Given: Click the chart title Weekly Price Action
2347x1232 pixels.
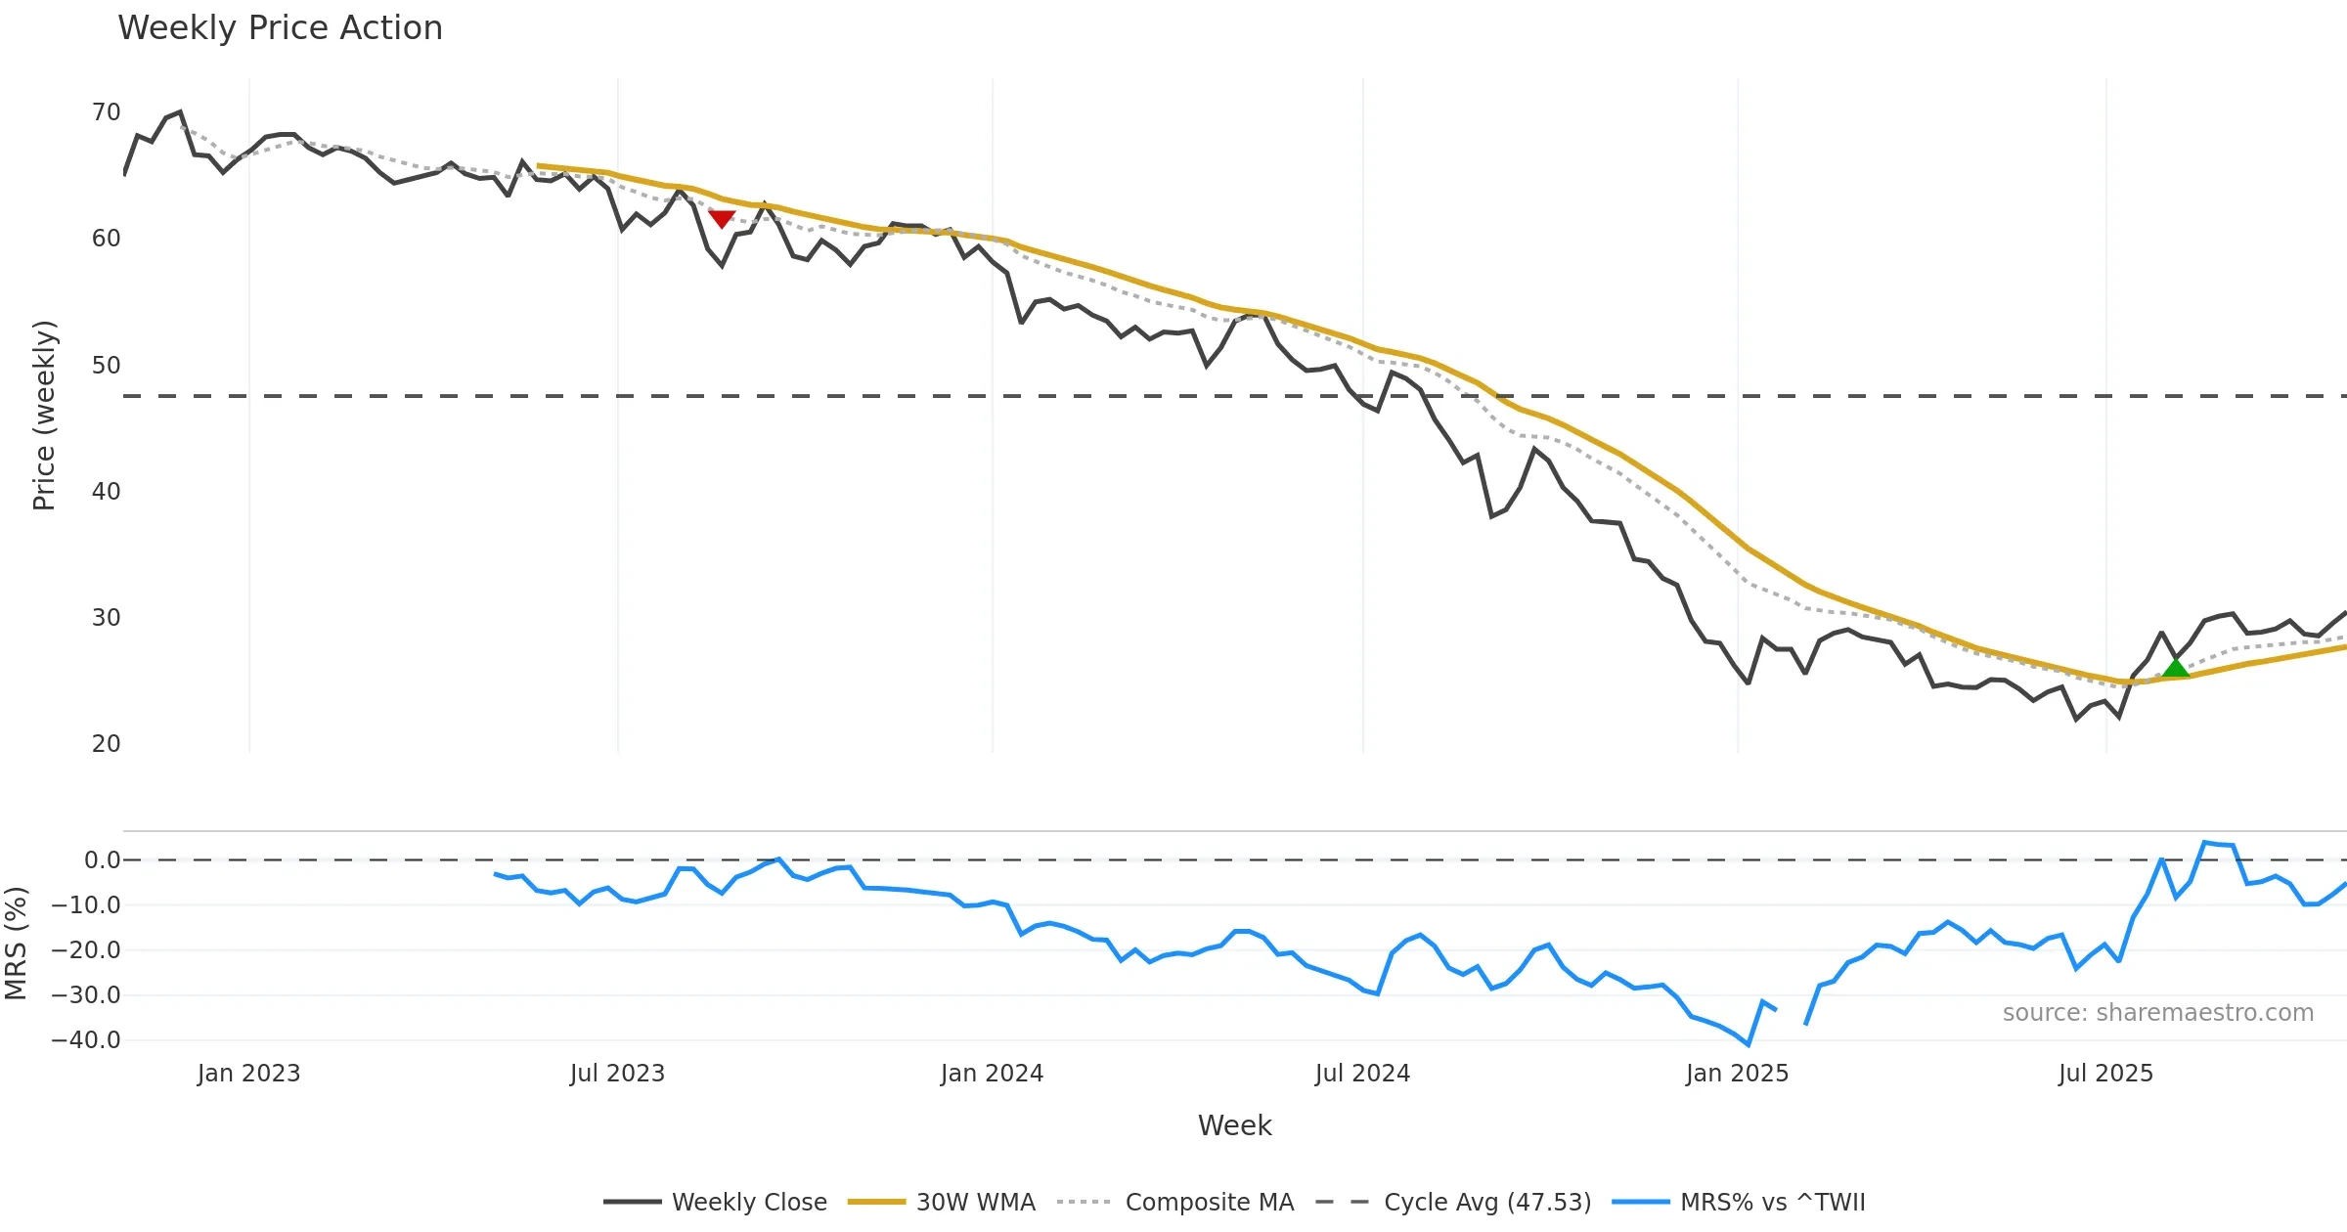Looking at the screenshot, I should (280, 28).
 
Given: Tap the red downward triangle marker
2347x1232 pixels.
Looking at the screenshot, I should (722, 218).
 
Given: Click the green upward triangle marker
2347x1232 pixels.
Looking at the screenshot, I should (2175, 668).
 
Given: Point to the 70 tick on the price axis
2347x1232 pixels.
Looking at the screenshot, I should (106, 112).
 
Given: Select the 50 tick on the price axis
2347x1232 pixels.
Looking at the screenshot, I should (106, 366).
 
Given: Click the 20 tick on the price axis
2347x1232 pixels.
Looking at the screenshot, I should (106, 744).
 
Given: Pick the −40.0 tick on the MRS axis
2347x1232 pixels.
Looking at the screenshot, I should (86, 1040).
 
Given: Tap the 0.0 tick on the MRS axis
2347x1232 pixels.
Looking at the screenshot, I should (102, 860).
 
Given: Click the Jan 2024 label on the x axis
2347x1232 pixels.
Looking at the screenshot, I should (992, 1074).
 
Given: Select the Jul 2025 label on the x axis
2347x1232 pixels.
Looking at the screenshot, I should (2105, 1074).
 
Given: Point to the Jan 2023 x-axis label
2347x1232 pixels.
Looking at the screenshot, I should (248, 1074).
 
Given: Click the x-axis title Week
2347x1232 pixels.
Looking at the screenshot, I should (1234, 1126).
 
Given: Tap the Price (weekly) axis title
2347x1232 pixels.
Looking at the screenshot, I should (44, 416).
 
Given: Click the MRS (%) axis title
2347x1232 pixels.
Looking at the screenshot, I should (16, 943).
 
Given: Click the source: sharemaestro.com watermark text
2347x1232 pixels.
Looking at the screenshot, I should (2157, 1013).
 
